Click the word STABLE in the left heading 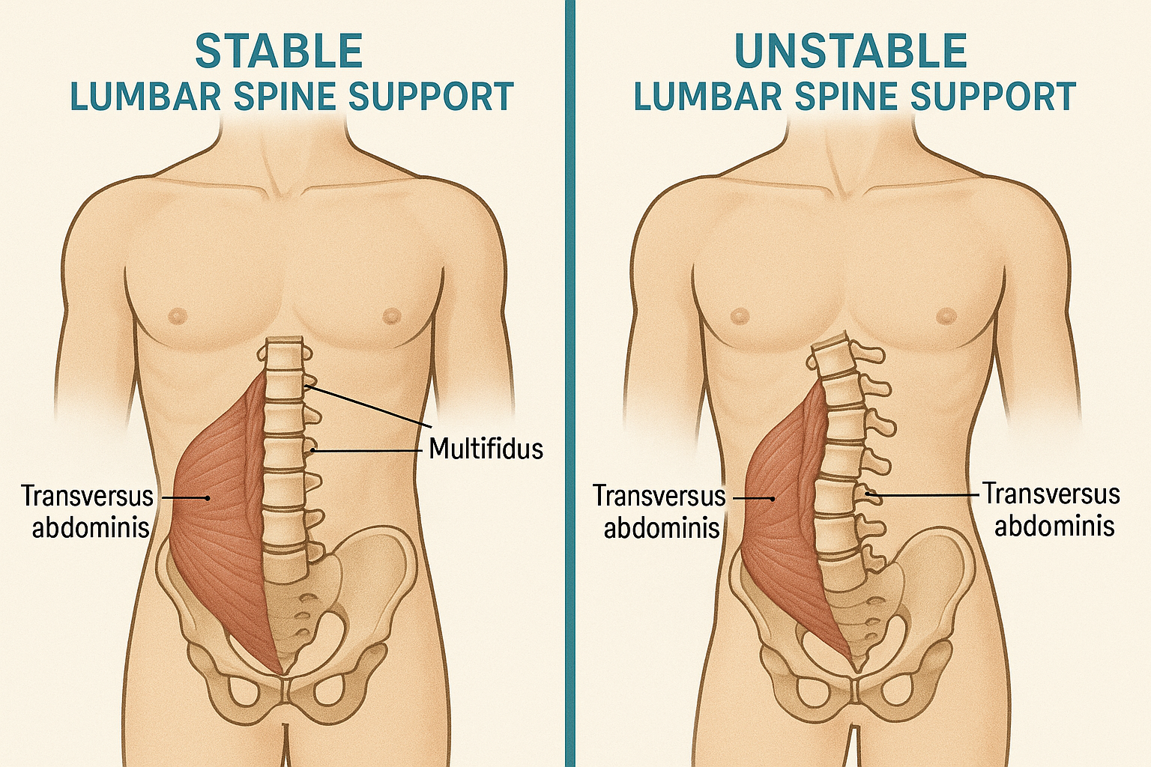click(x=279, y=52)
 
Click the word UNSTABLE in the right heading click(x=851, y=52)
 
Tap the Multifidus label click(x=486, y=449)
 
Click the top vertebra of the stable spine click(x=283, y=350)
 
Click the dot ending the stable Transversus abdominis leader click(x=208, y=497)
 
